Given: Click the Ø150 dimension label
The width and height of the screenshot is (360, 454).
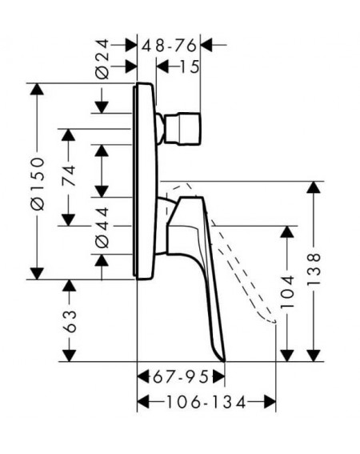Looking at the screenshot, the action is (38, 184).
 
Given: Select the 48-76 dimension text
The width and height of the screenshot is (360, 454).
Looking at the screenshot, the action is (169, 46).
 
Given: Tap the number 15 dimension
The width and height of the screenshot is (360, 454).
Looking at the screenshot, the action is (190, 67).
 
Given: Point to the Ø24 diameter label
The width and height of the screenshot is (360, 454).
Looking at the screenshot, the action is (102, 59).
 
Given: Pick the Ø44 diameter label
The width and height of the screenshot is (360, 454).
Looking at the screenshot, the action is (102, 228).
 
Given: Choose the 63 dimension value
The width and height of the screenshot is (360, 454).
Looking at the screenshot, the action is (70, 321).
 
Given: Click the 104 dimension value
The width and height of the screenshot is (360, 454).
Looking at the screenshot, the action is (287, 291).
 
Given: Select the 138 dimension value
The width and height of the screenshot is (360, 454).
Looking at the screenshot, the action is (314, 269).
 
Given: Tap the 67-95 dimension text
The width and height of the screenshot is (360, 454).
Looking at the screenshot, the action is (181, 377).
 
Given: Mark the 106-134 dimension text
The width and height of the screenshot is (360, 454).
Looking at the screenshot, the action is (206, 402).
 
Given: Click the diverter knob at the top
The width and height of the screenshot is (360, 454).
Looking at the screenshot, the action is (182, 129).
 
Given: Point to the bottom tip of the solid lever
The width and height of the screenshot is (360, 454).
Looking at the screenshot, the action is (224, 361).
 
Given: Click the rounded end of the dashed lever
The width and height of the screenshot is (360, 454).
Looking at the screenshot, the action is (273, 321).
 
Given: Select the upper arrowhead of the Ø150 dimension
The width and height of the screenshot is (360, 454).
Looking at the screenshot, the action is (37, 89).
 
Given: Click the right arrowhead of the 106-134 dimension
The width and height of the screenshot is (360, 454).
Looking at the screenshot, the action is (270, 402).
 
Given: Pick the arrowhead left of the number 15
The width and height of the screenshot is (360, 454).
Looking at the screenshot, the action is (162, 67).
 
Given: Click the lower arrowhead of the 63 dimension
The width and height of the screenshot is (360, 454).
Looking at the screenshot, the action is (70, 356).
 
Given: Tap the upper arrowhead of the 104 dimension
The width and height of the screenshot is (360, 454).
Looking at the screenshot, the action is (287, 232).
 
